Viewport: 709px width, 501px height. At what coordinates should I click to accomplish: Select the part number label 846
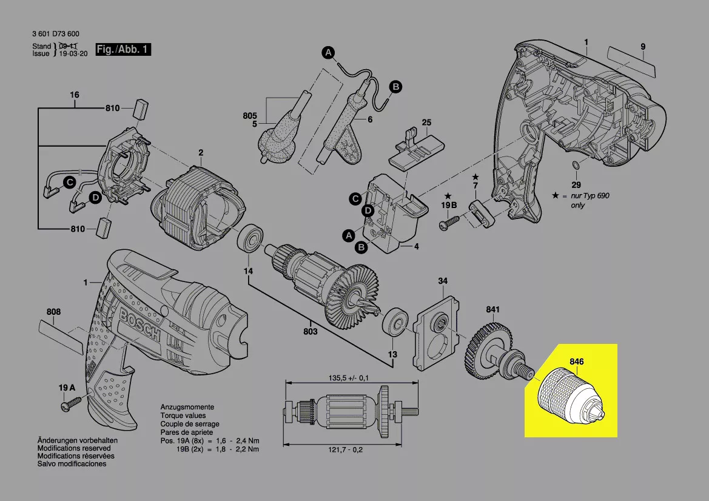coord(576,361)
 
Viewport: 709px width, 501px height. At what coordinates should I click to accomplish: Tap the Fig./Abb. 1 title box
coord(123,50)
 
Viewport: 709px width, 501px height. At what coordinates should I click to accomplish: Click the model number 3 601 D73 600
coord(55,34)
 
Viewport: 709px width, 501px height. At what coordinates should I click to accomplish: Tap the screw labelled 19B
coord(449,224)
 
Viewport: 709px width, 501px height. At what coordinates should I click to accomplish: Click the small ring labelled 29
coord(576,166)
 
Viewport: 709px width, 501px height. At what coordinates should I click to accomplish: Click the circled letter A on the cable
coord(328,53)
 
